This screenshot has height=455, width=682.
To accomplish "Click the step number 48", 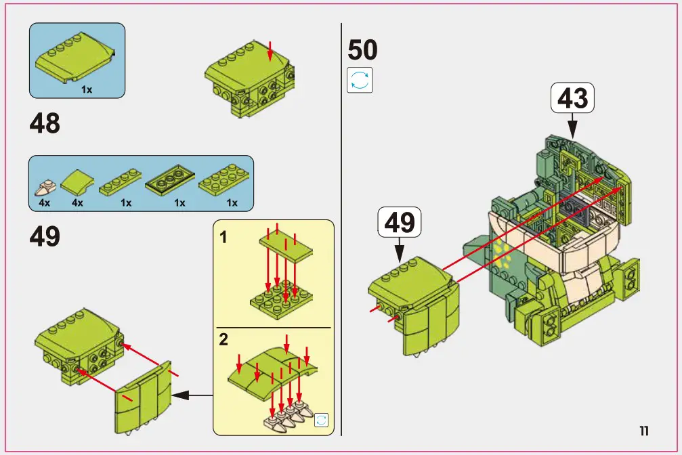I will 45,124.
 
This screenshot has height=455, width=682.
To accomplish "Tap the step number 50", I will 362,50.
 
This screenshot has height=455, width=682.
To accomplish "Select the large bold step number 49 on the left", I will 45,236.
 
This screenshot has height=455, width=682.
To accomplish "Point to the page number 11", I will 644,431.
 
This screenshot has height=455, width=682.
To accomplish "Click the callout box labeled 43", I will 572,99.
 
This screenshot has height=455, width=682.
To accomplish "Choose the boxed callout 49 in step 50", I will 399,223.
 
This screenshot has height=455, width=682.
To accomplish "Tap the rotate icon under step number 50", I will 360,80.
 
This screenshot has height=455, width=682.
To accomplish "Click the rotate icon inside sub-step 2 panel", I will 321,420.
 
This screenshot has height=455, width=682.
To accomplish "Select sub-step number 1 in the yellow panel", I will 223,237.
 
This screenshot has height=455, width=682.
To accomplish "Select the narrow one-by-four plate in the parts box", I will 122,183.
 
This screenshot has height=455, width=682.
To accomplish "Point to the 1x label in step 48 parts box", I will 87,89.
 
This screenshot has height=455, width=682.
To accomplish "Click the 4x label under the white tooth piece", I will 44,202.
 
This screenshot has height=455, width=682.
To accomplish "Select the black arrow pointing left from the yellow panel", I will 189,395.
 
